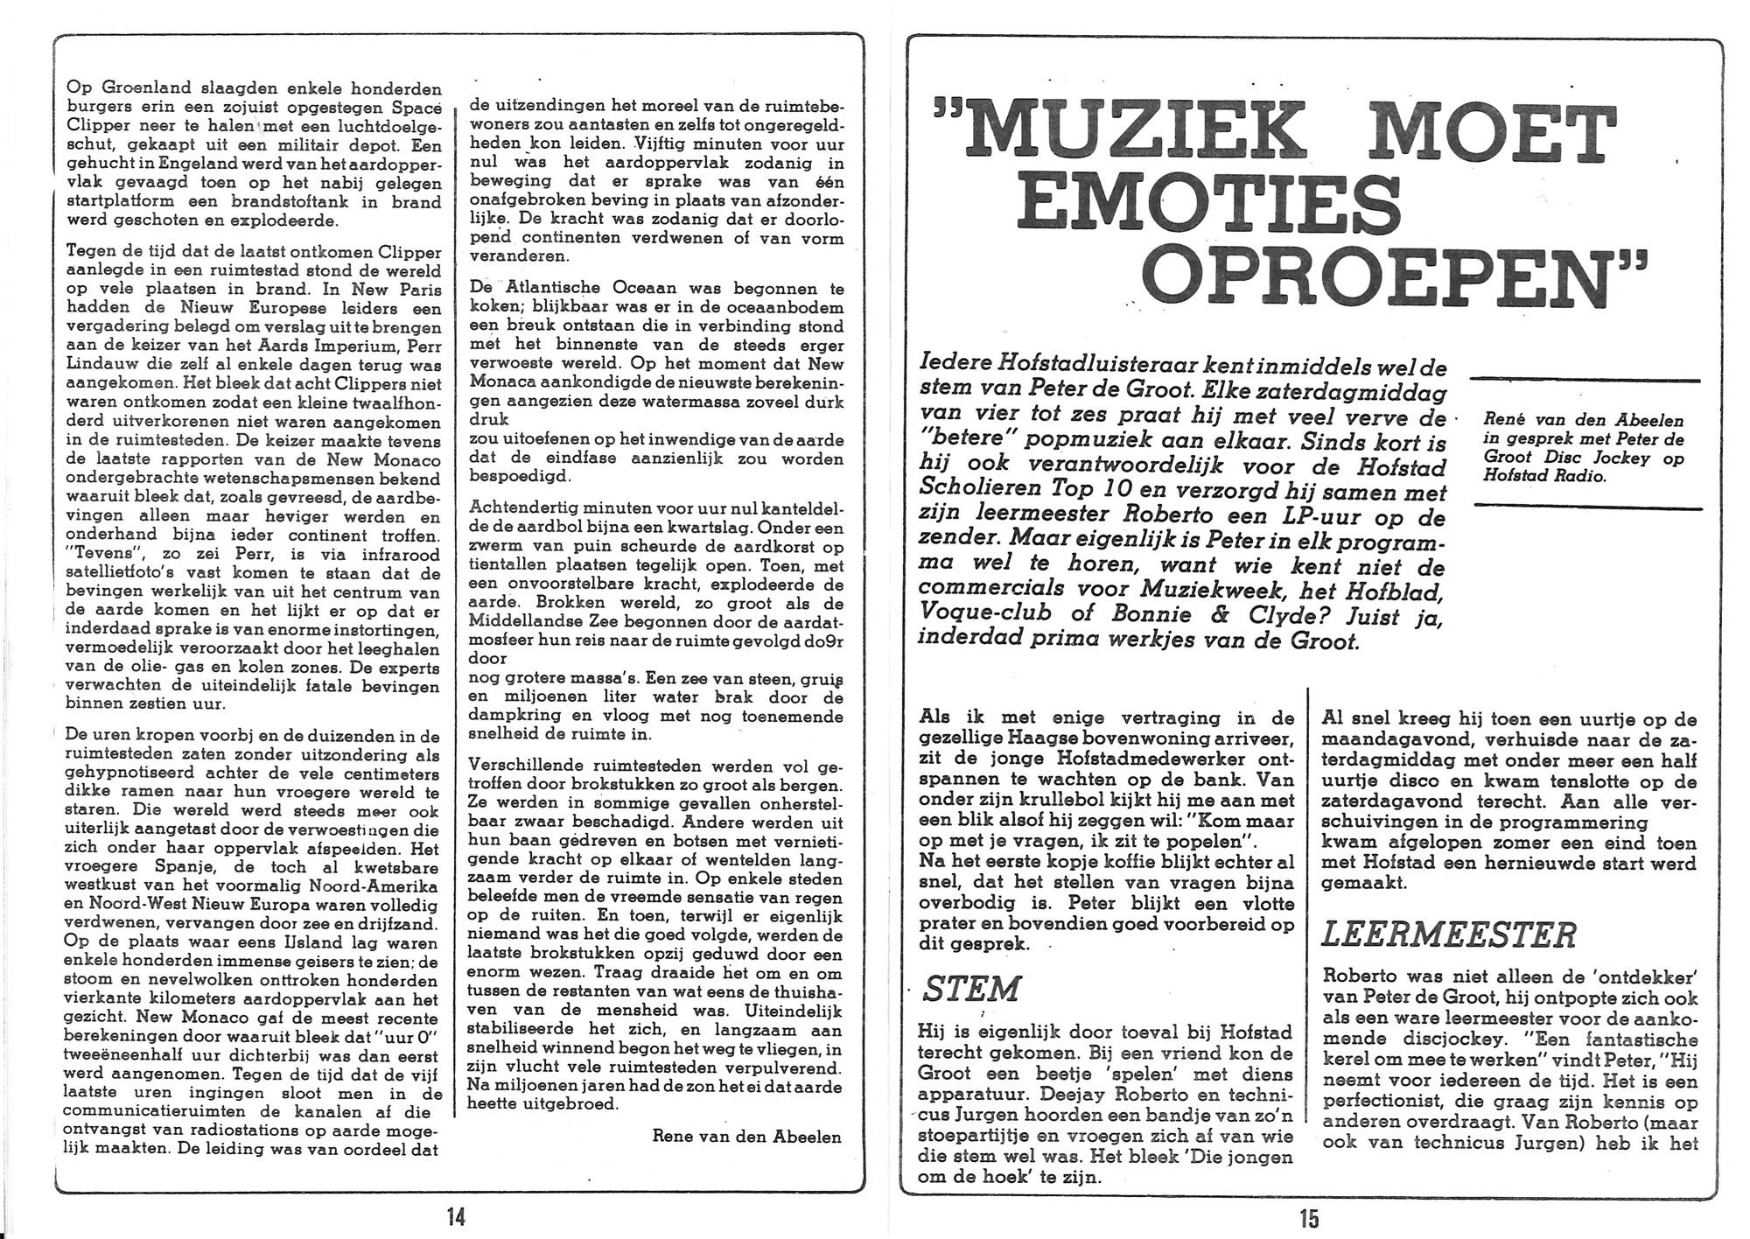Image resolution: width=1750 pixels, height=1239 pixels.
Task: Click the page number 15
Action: [x=1308, y=1218]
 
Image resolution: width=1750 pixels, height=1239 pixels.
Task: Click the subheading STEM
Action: [x=971, y=989]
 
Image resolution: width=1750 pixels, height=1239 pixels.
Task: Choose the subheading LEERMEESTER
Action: [x=1448, y=934]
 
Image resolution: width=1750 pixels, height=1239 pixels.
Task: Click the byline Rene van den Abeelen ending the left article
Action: [x=746, y=1137]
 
